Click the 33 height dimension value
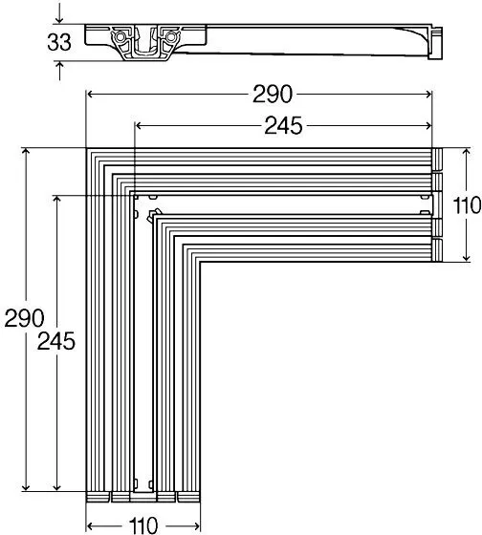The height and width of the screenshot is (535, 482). pos(59,43)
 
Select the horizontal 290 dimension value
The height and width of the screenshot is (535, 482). pos(273,95)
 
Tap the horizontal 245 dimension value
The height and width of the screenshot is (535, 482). pos(283,125)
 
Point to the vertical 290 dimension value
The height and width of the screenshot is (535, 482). pos(24,318)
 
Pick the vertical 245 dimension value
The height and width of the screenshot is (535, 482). pos(56,341)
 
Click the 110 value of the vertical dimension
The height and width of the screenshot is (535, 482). pos(467,205)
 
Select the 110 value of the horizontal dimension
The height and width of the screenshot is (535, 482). pos(143,525)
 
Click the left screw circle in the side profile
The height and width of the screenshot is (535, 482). pos(120,37)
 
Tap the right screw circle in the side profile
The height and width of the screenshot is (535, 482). pos(170,36)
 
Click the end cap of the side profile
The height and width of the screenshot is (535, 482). pos(435,43)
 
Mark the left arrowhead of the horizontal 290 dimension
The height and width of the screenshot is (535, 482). pos(90,95)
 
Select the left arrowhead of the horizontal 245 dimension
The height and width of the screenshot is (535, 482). pos(139,126)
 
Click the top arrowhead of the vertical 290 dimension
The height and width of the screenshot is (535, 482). pos(26,152)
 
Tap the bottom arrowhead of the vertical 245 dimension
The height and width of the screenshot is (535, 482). pos(57,487)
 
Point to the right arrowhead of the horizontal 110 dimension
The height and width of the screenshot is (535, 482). pos(196,525)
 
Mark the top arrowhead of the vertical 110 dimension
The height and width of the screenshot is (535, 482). pos(467,152)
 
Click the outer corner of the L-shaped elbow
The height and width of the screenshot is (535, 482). pos(86,148)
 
